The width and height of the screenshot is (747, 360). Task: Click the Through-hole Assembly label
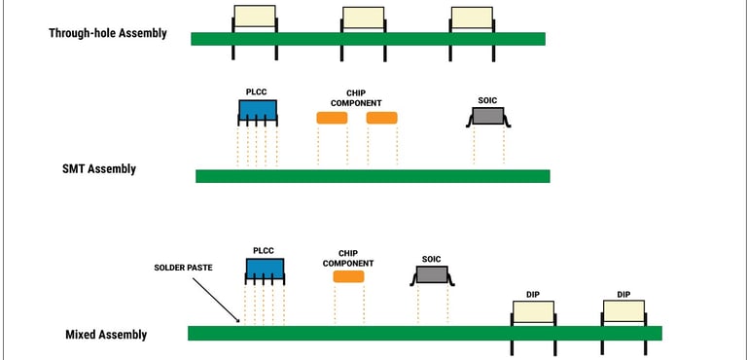pos(108,33)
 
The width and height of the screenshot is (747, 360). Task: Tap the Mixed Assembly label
pos(106,335)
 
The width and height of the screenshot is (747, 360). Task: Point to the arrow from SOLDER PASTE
pos(215,298)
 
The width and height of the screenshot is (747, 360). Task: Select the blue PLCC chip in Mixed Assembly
pos(265,270)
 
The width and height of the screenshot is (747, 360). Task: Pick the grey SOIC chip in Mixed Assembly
pos(432,276)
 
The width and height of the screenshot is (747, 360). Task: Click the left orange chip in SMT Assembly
pos(332,118)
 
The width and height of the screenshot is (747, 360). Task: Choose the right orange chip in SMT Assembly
pos(381,118)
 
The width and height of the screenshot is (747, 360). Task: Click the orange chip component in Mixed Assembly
pos(348,276)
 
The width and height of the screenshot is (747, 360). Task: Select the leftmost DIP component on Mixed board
pos(533,312)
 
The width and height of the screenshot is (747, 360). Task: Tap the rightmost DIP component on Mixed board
pos(623,311)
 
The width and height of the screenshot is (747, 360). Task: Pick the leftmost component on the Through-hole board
pos(254,17)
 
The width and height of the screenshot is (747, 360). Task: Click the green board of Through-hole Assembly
pos(368,39)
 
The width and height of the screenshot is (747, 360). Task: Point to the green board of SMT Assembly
pos(373,176)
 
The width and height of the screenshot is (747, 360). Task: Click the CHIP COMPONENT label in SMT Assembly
pos(356,97)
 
